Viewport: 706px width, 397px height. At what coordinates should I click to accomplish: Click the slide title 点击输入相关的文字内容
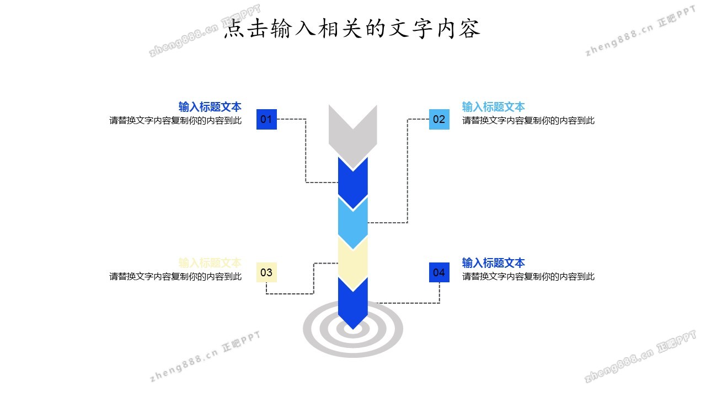point(352,29)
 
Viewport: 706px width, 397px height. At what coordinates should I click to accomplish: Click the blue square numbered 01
point(266,119)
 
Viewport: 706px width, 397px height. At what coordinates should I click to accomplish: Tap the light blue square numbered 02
point(439,119)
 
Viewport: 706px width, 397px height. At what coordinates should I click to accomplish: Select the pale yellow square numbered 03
point(266,272)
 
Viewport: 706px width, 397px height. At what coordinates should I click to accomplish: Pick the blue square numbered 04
point(439,272)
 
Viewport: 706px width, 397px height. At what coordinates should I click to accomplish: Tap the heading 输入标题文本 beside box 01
point(210,107)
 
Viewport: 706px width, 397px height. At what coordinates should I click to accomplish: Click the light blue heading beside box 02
point(493,107)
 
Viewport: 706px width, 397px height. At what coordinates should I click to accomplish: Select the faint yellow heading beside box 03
point(210,262)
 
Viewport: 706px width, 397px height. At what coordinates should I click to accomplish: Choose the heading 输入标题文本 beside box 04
point(493,262)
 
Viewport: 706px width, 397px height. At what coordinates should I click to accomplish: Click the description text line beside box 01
point(175,121)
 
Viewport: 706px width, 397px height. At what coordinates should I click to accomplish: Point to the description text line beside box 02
point(528,121)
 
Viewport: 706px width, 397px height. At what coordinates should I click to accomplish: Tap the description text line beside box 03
point(175,276)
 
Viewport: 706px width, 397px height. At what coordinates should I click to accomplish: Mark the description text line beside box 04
point(528,276)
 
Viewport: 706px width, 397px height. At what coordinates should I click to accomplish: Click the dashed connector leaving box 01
point(306,152)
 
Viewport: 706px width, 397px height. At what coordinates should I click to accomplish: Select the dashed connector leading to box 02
point(408,171)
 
